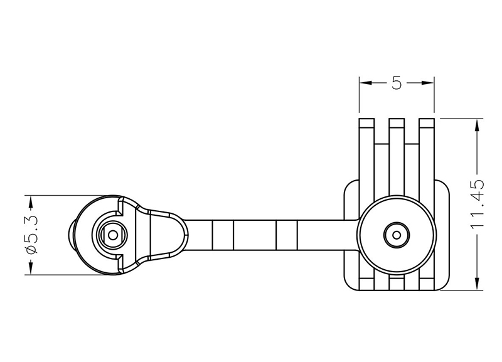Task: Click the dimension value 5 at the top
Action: coord(397,83)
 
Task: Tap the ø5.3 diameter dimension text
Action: coord(32,235)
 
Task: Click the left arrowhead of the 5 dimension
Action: coord(365,83)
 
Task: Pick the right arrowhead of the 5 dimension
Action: coord(428,83)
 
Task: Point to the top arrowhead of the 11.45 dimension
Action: coord(477,125)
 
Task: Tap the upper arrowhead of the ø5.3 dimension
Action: coord(31,201)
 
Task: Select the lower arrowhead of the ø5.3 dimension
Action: coord(31,269)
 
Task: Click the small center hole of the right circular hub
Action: coord(397,235)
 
